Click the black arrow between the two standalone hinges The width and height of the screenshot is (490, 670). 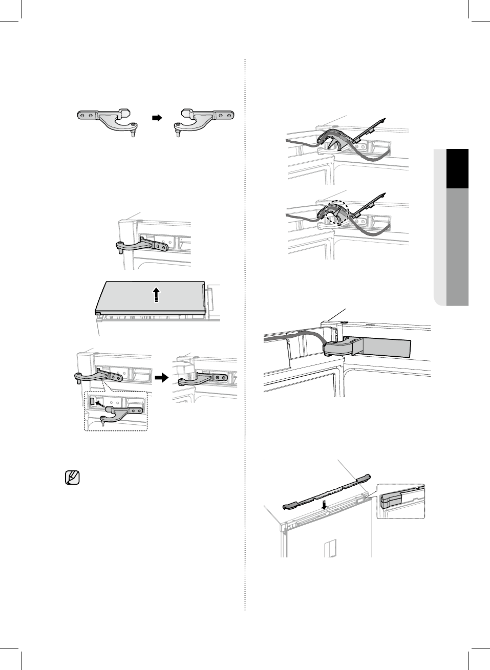click(x=157, y=118)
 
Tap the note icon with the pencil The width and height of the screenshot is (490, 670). click(x=73, y=478)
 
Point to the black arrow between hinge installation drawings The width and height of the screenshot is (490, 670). click(x=161, y=378)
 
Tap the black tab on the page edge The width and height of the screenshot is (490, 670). click(x=457, y=168)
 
